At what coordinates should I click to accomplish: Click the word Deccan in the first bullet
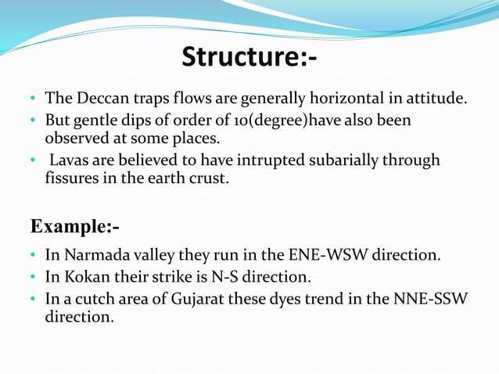(99, 99)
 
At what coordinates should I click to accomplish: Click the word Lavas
(70, 160)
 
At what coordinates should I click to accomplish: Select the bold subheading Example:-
(75, 226)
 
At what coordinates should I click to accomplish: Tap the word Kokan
(81, 277)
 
